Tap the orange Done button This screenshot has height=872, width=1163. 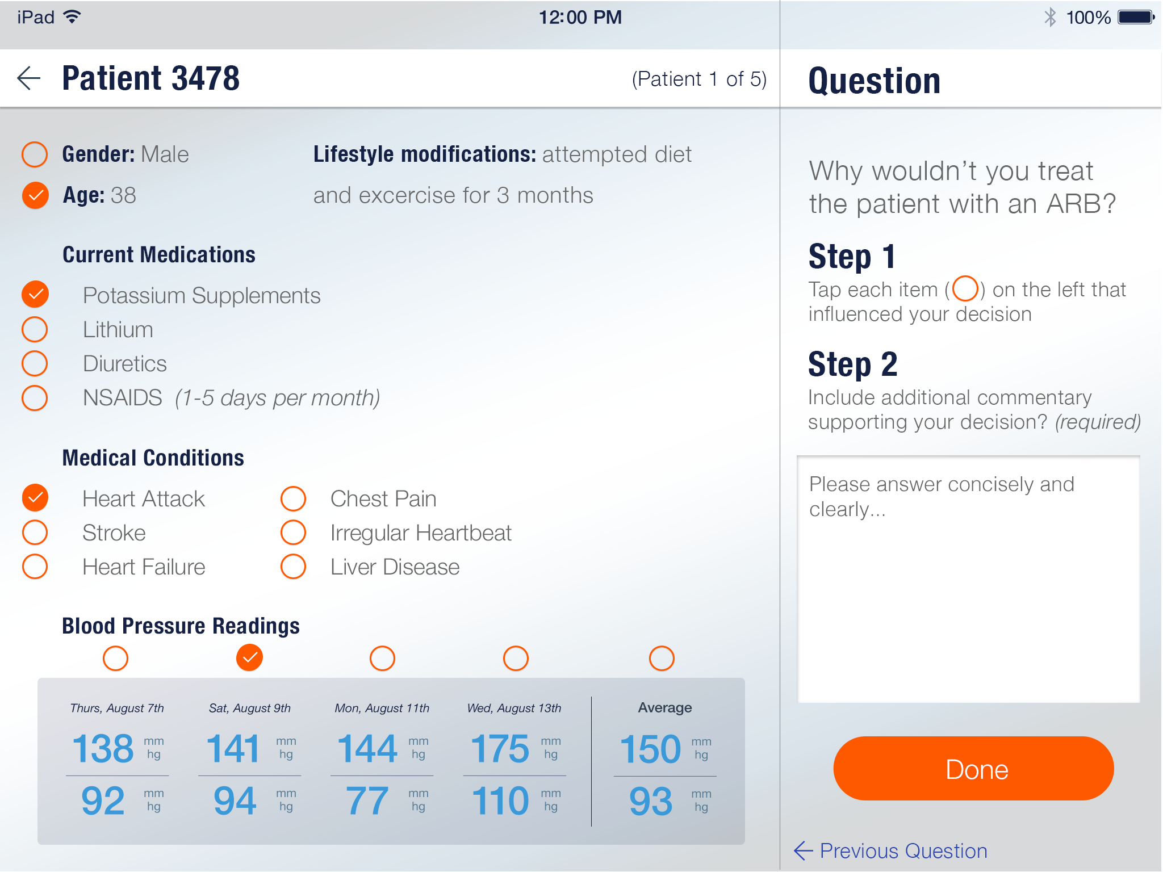(x=973, y=769)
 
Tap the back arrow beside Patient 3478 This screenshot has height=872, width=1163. (x=29, y=78)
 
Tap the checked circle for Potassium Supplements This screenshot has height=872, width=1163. (x=35, y=294)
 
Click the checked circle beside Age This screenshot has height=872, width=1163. (x=35, y=195)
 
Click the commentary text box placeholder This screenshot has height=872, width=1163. (x=942, y=496)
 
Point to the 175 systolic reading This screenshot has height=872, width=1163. (x=500, y=748)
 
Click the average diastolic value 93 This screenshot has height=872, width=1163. (x=651, y=800)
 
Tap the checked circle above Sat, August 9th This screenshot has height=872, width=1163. (x=249, y=658)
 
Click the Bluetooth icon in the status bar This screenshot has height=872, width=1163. (x=1050, y=17)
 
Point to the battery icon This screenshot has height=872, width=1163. (x=1136, y=17)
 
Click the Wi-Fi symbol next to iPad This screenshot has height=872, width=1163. (x=72, y=16)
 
